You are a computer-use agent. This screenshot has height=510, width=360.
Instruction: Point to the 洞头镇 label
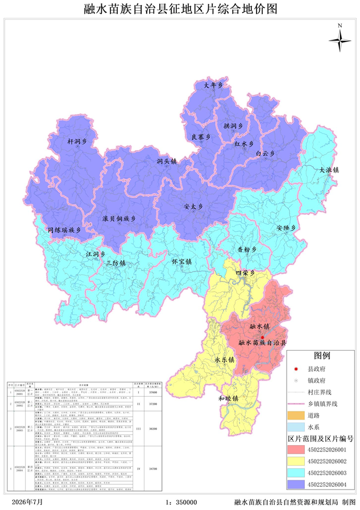167,162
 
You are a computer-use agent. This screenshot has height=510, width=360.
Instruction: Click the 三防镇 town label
115,263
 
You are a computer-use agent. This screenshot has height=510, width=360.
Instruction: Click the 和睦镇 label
227,398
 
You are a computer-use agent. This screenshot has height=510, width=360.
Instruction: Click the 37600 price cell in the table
152,392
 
